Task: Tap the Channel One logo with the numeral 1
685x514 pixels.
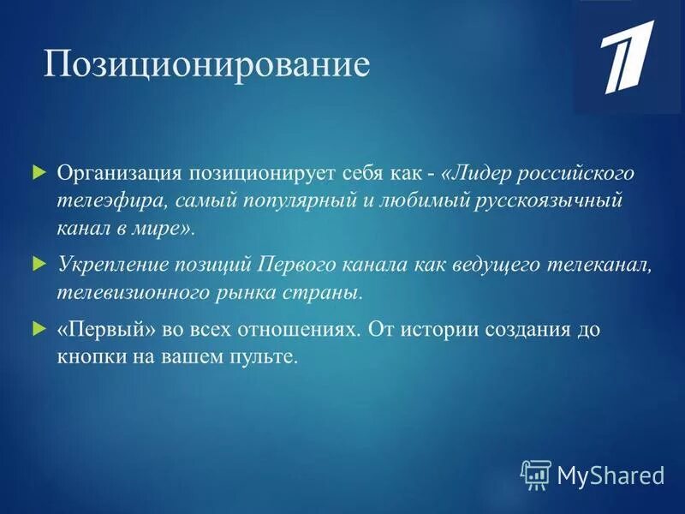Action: [628, 57]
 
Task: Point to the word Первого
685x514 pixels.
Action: [300, 264]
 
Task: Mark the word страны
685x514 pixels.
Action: [330, 293]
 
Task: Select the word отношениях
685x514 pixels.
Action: [275, 328]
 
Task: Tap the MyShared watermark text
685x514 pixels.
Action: [611, 474]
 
